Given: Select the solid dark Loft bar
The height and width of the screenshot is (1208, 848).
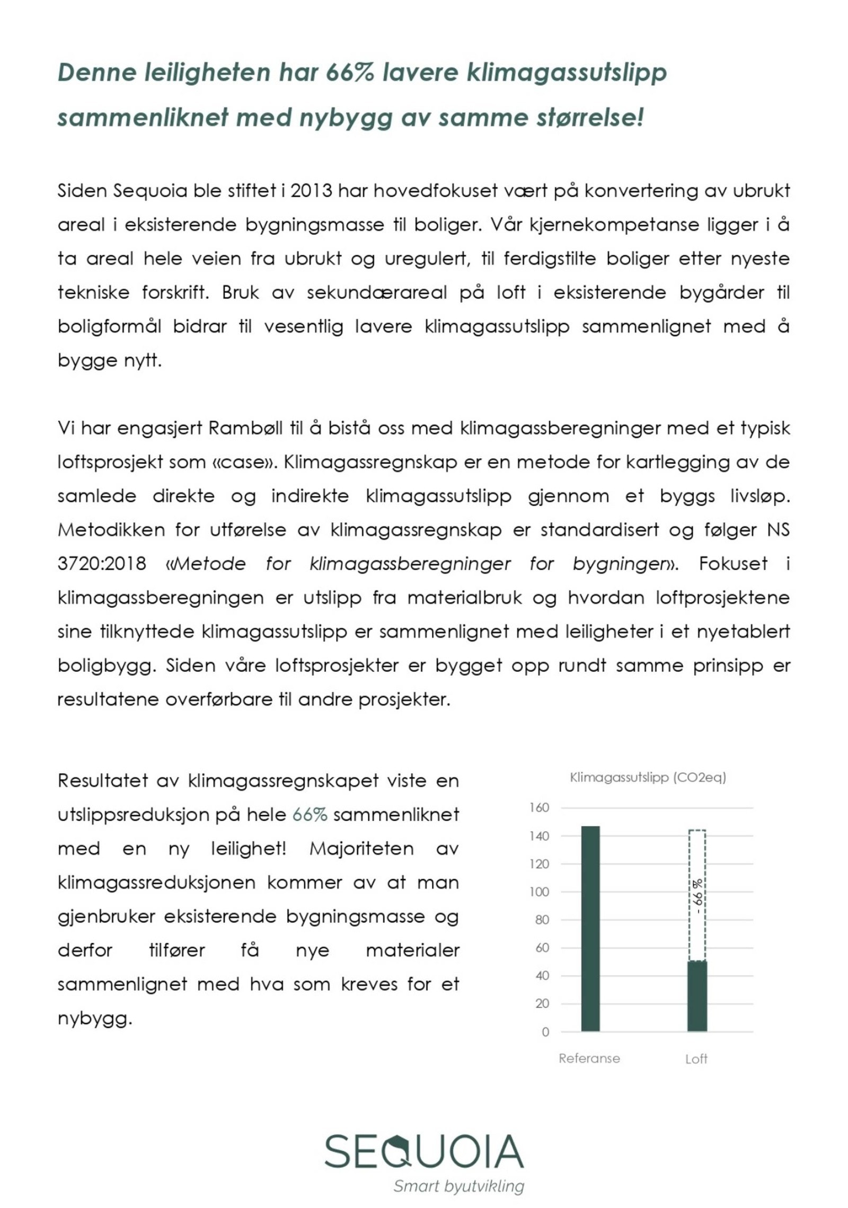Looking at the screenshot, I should click(696, 996).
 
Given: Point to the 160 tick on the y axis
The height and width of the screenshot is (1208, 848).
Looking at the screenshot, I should click(539, 807).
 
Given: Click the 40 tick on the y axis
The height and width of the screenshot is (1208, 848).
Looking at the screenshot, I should click(542, 975).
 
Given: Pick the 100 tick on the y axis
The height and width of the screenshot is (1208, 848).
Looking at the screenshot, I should click(539, 892).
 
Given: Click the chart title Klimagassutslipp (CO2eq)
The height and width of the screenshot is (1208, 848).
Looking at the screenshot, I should click(648, 777).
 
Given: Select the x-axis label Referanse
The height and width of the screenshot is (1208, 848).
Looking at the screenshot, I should click(589, 1058).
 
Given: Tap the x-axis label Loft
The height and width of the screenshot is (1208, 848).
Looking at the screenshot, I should click(696, 1059).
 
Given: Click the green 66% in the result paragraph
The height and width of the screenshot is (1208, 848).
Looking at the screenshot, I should click(310, 814).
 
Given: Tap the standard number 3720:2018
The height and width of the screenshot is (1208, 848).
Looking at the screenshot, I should click(101, 563).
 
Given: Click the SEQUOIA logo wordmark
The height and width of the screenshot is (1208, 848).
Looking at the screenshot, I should click(423, 1151).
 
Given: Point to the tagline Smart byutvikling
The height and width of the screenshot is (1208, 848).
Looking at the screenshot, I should click(458, 1186).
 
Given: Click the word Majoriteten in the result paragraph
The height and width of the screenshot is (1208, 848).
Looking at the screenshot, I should click(361, 848).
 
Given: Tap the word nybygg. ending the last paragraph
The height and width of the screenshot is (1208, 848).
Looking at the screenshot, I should click(94, 1018).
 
